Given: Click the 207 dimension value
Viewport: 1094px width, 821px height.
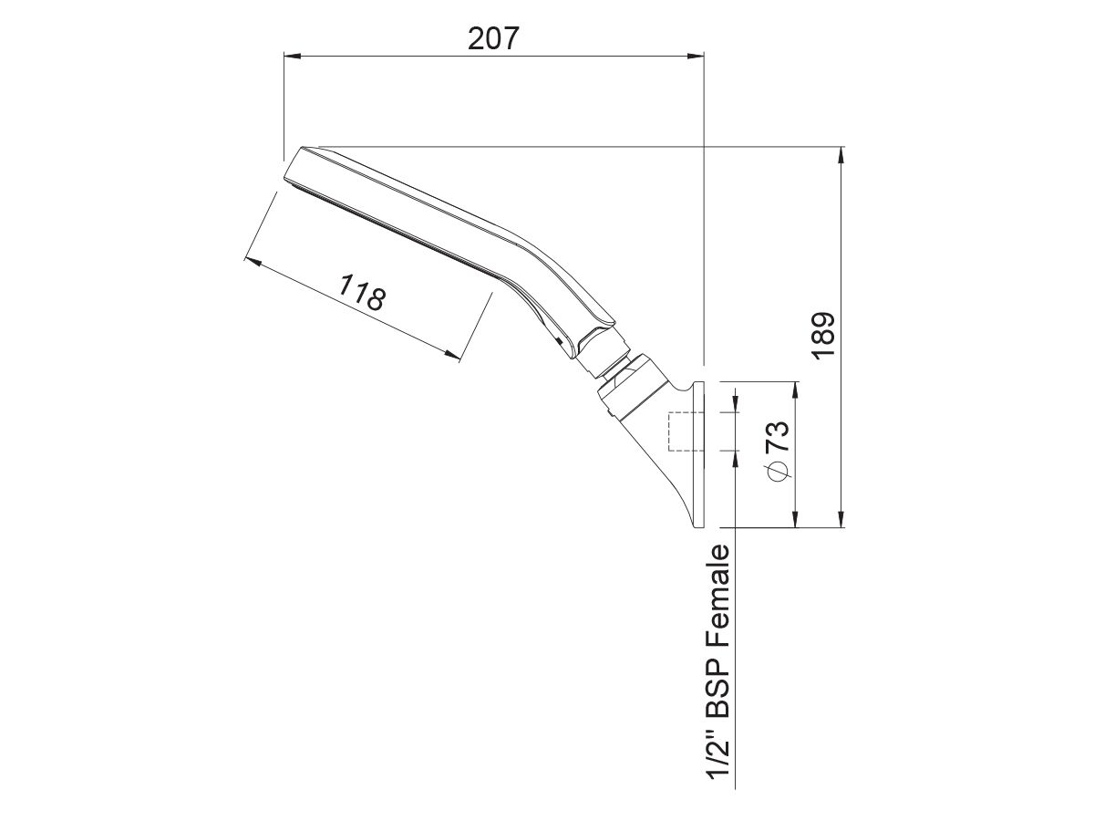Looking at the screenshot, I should [x=493, y=38].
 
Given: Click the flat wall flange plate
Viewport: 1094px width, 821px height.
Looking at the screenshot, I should [x=699, y=456].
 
